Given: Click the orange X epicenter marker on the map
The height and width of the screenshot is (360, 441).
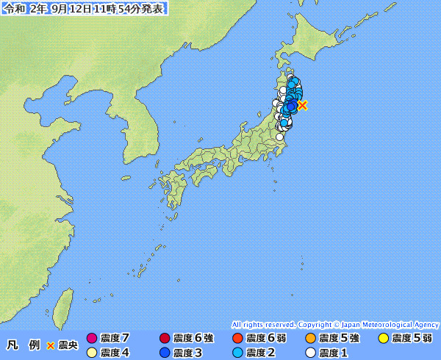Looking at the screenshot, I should (302, 105).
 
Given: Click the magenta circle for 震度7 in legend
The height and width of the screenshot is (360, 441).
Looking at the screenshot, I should (91, 339).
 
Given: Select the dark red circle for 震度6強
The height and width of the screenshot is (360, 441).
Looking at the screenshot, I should (164, 339).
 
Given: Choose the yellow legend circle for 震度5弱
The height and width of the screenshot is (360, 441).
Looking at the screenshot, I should (383, 339).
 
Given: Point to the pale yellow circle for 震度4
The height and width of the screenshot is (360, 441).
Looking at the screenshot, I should (91, 353).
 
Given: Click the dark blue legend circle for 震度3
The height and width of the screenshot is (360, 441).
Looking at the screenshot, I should (164, 353).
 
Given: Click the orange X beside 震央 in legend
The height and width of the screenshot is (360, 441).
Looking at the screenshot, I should (50, 345).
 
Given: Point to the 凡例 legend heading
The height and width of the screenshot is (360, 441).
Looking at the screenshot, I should (23, 345).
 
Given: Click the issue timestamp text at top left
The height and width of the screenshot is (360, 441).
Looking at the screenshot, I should (84, 8).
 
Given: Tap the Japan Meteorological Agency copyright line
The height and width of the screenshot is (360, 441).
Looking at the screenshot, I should (335, 324).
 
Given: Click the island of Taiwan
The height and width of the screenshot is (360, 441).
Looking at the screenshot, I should (65, 305).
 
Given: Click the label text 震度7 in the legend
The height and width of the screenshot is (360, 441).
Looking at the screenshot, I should (115, 339).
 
